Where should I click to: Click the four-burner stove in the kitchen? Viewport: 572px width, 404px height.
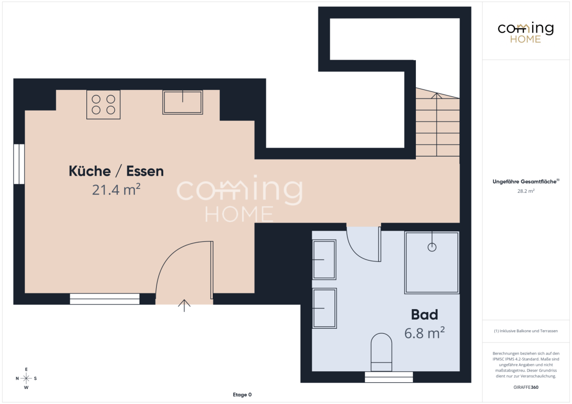click(103, 105)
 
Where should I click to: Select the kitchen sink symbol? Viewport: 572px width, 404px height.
click(182, 103)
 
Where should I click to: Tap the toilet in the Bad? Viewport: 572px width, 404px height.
click(381, 352)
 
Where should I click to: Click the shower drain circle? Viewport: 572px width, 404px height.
click(432, 247)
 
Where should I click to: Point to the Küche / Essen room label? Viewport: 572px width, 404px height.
click(116, 171)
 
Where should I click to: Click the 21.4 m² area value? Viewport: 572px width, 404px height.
click(116, 189)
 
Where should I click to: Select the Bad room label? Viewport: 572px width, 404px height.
click(424, 315)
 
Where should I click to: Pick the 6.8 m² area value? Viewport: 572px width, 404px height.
click(424, 333)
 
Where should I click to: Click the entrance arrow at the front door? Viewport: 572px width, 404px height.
click(184, 306)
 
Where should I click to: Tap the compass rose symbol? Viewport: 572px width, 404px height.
click(26, 378)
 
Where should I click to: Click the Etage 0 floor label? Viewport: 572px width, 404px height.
click(242, 394)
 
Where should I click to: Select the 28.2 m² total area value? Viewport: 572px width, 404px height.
click(526, 191)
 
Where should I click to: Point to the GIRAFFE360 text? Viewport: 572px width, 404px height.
click(526, 387)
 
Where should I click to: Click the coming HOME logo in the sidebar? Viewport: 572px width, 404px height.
click(526, 33)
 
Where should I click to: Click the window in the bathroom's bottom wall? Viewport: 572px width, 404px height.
click(389, 377)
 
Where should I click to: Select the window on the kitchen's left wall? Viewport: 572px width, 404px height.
click(19, 164)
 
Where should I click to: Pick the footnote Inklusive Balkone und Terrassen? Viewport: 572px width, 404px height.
click(526, 331)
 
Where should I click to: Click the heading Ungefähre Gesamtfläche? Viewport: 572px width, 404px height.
click(526, 181)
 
